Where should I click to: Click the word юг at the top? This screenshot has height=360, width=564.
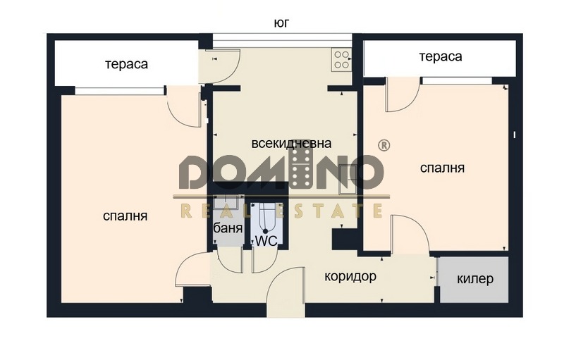pos(281,23)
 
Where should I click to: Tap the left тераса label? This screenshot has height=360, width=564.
pos(126,64)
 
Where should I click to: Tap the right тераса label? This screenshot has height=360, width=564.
pos(440,57)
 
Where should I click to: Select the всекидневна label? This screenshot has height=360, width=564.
pos(291,144)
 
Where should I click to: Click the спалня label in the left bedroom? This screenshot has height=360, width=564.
pos(125,216)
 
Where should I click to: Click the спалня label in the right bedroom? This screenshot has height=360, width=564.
pos(442,168)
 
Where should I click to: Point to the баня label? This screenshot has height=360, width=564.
pos(228,229)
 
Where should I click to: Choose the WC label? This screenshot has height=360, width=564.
pos(266,240)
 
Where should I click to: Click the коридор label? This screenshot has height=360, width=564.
pos(350,276)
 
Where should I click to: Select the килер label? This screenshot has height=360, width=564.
pos(475,279)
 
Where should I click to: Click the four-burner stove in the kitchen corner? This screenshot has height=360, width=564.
pos(341,58)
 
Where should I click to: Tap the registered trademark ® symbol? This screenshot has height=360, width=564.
pos(384,145)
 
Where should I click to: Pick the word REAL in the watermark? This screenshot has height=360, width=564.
pos(212,211)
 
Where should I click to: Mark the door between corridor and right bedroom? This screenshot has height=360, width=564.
pos(408,236)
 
